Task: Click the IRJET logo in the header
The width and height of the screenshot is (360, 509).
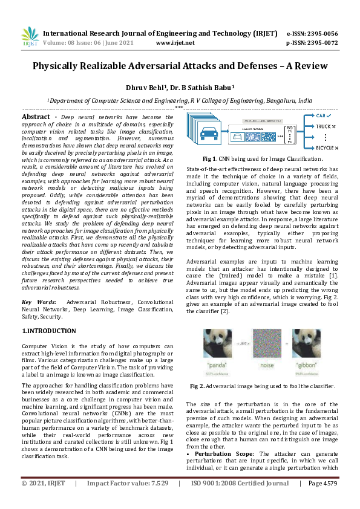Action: click(28, 37)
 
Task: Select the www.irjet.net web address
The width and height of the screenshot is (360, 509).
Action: click(175, 43)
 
